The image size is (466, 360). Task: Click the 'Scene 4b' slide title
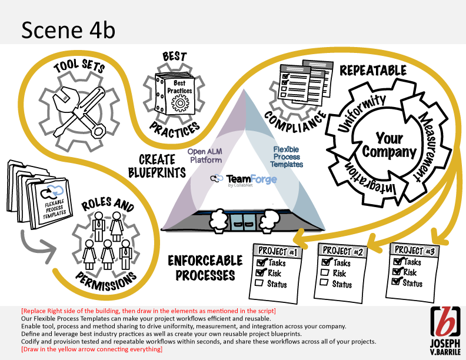click(65, 29)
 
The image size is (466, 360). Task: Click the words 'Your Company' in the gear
click(389, 144)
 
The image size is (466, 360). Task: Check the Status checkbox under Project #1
click(258, 284)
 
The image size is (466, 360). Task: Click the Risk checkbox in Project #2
click(324, 273)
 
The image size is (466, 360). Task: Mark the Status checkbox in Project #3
click(397, 283)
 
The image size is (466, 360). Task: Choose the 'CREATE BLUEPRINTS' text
click(149, 165)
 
